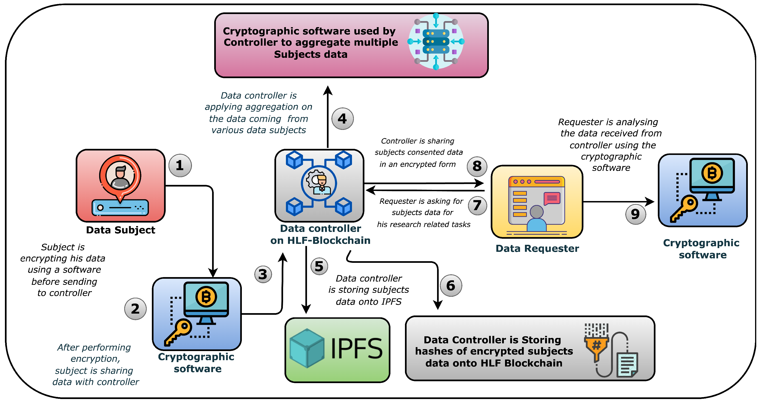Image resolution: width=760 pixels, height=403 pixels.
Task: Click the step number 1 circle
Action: [x=180, y=165]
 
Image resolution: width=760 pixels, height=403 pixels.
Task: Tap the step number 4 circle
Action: [x=342, y=119]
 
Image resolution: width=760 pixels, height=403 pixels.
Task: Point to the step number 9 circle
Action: [x=636, y=214]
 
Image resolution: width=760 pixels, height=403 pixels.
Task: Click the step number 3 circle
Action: [x=263, y=275]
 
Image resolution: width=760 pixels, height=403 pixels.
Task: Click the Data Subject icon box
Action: [x=120, y=186]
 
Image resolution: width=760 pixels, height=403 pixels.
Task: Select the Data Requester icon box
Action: [x=537, y=202]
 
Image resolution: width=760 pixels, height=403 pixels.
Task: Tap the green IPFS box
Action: [x=337, y=350]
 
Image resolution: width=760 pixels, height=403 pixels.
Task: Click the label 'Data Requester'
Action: [x=537, y=248]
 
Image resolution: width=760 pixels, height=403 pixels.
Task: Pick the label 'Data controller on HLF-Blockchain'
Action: [x=320, y=234]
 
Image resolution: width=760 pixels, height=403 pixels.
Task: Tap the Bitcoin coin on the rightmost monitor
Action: [x=712, y=173]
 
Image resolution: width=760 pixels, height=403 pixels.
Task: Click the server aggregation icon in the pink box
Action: [x=436, y=41]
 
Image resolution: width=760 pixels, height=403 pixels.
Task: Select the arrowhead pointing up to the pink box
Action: [x=327, y=90]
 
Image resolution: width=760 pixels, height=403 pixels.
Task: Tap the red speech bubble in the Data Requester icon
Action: [x=552, y=198]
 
